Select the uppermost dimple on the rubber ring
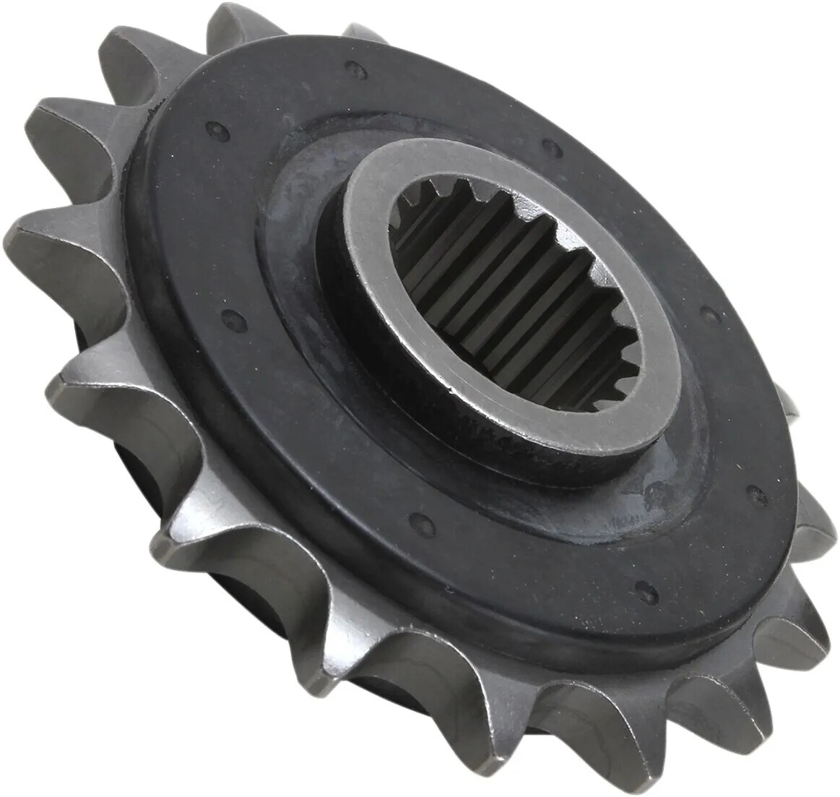pyautogui.click(x=353, y=69)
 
